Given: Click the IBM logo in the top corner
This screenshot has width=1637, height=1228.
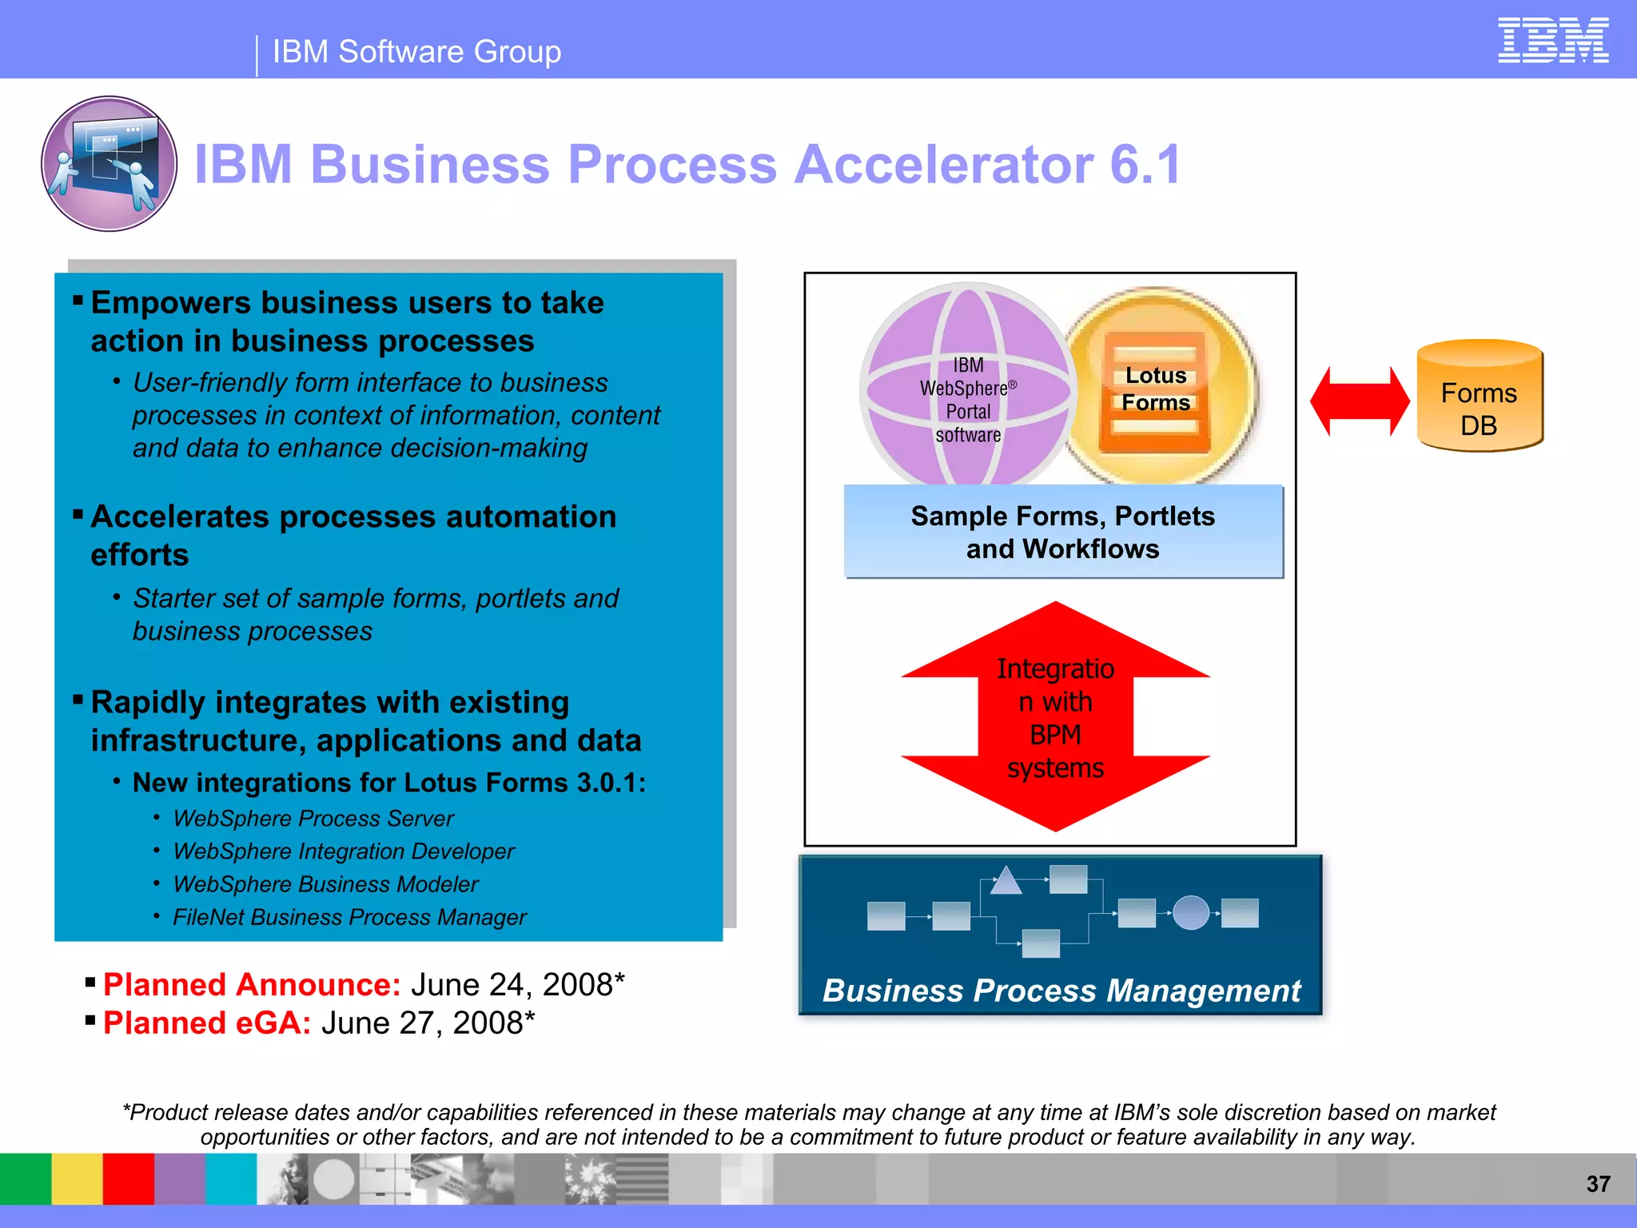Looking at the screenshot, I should (1552, 41).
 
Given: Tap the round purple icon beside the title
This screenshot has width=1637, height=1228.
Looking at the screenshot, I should (110, 164).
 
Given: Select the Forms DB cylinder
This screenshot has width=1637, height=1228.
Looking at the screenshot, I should (1480, 397).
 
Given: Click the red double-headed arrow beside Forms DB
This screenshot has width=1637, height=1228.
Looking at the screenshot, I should (1360, 401).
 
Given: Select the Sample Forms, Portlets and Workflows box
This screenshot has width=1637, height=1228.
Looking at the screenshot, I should (1063, 532).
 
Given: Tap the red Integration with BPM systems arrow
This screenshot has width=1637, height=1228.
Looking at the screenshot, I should (1055, 717).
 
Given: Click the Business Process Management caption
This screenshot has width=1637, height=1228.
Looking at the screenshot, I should (1061, 991).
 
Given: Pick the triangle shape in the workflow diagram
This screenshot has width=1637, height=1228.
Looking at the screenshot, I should (1006, 881).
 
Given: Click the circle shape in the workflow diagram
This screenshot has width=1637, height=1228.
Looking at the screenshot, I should (1191, 912).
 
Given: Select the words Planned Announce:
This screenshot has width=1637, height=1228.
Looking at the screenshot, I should (252, 985).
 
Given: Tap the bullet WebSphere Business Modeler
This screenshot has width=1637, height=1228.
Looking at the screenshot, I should (325, 884).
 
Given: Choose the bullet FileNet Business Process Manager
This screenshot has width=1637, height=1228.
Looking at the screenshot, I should (349, 917).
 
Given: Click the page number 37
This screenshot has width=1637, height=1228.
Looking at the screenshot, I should (1598, 1184).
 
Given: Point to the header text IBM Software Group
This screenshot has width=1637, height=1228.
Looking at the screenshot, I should (416, 52).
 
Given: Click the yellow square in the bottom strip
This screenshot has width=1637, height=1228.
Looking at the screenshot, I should (77, 1178).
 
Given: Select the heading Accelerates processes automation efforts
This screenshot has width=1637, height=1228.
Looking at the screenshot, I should (352, 535).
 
